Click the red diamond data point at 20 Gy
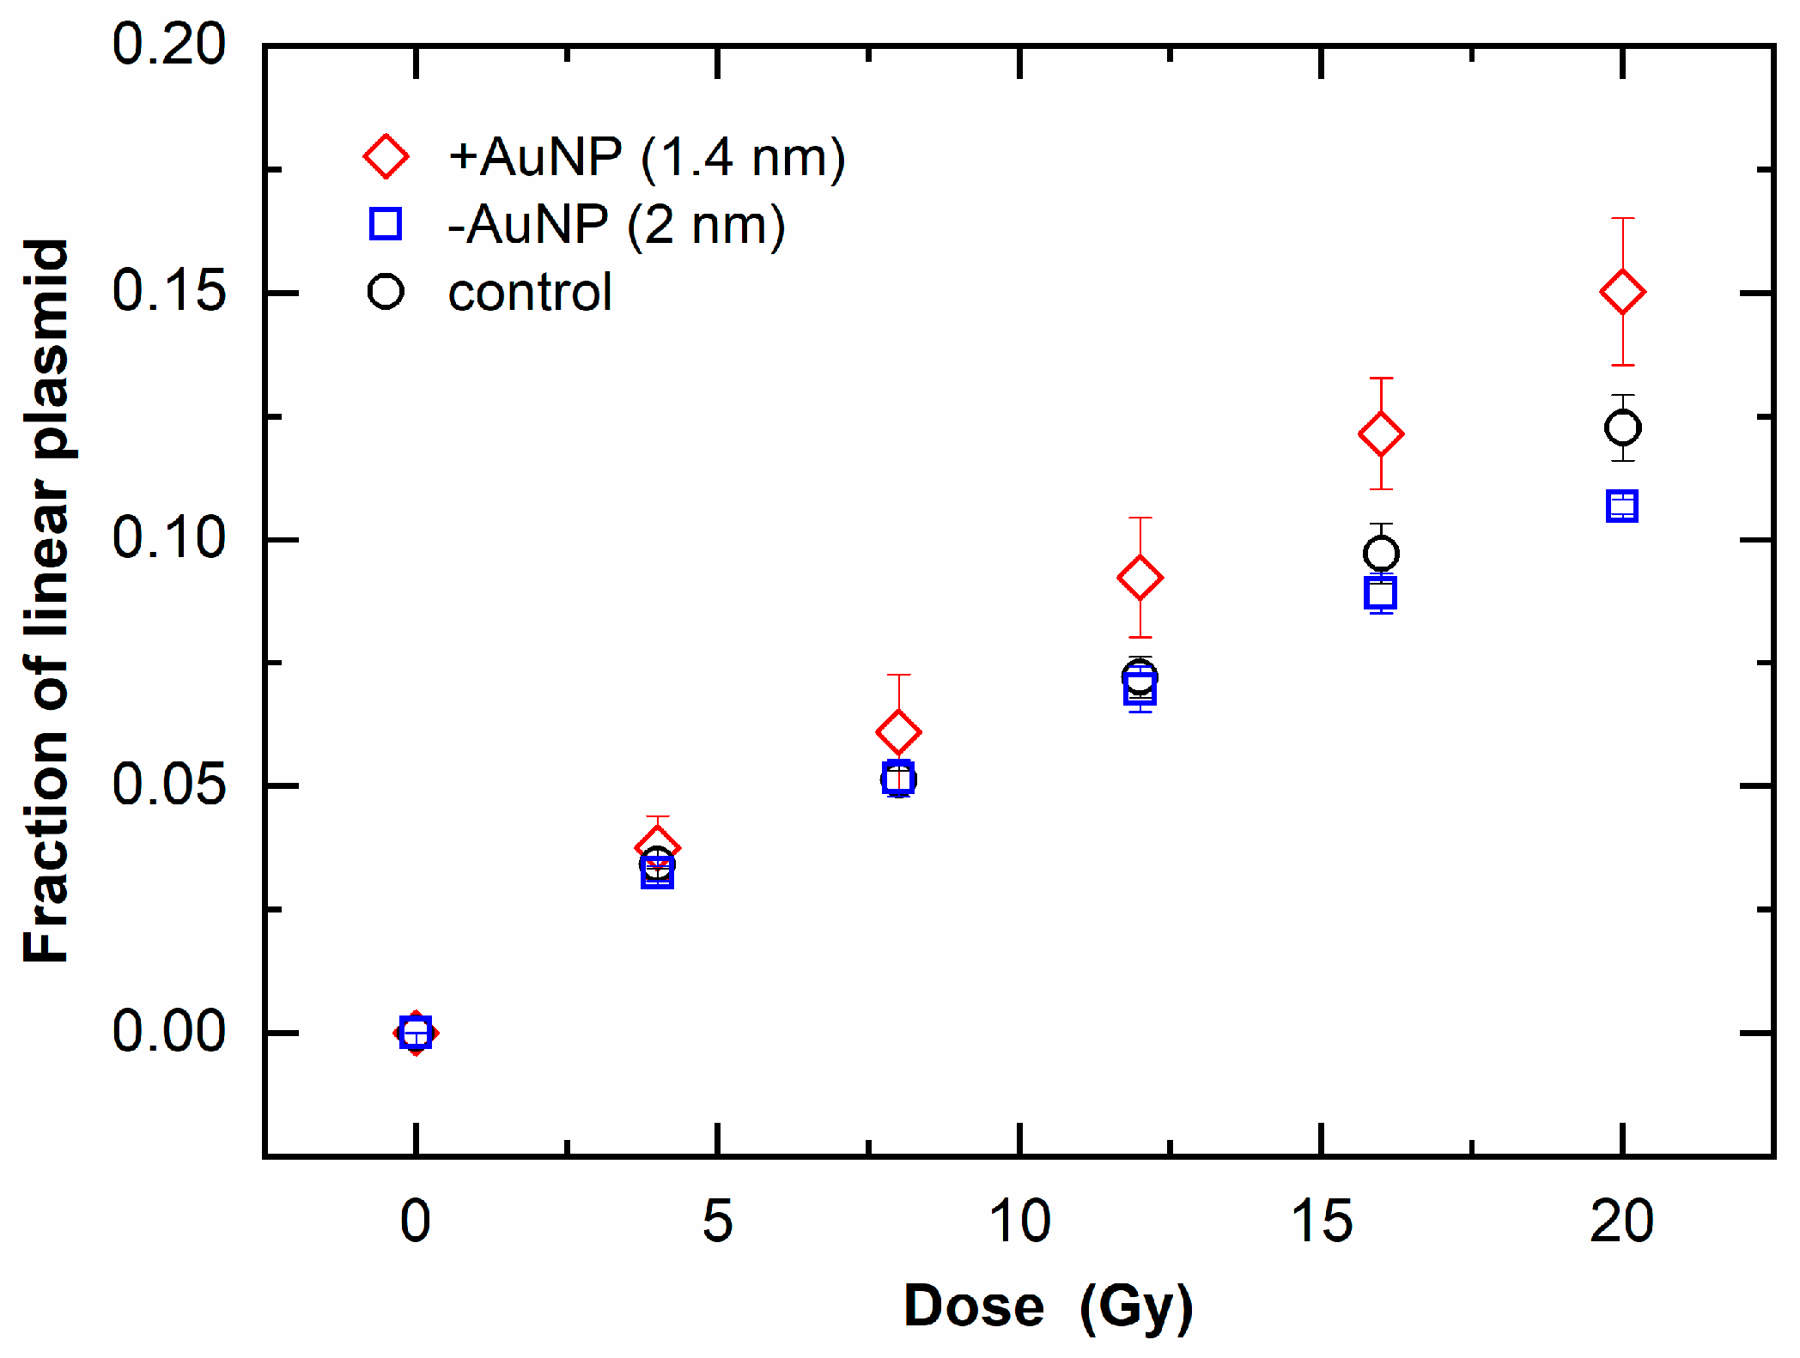click(x=1622, y=292)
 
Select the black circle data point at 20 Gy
click(x=1622, y=427)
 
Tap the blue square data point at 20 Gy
click(x=1621, y=506)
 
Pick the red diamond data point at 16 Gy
click(x=1381, y=433)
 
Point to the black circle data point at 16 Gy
click(x=1381, y=554)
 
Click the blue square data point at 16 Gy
click(x=1380, y=592)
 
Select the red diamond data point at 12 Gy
click(x=1140, y=577)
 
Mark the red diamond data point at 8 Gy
click(x=898, y=731)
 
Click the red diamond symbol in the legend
click(x=386, y=156)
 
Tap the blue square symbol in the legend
click(x=386, y=223)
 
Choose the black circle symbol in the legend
click(x=386, y=292)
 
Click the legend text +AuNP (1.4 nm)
click(x=647, y=157)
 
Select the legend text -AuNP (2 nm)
click(x=616, y=225)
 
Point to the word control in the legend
click(x=530, y=293)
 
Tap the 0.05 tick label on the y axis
click(x=168, y=784)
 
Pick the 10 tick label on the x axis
click(x=1019, y=1221)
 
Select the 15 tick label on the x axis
click(x=1321, y=1221)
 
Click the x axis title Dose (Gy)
click(x=1049, y=1306)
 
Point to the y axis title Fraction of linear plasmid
click(x=46, y=601)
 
